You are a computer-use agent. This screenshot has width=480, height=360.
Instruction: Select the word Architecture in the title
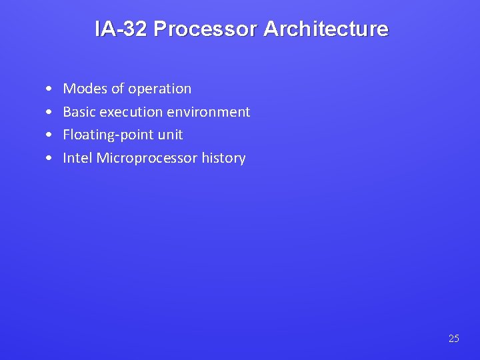tap(325, 29)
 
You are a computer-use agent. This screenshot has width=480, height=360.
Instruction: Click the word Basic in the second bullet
tap(79, 112)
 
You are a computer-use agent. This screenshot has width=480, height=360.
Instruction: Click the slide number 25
tap(454, 339)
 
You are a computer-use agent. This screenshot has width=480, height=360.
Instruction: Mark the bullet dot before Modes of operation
tap(51, 89)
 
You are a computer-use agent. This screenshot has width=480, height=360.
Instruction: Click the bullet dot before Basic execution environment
tap(51, 113)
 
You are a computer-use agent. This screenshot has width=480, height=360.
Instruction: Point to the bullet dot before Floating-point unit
tap(51, 135)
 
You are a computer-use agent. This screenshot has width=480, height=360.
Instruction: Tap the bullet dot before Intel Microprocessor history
tap(51, 159)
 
